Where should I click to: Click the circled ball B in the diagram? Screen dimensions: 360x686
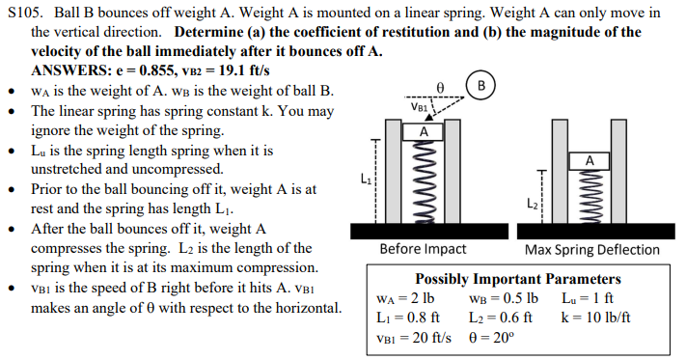[481, 84]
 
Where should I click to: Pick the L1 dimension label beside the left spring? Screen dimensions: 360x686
[364, 179]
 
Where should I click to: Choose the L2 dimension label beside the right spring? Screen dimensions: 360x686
[532, 203]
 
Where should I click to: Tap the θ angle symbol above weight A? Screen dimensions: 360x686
[439, 86]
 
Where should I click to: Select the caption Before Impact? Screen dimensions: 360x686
[424, 249]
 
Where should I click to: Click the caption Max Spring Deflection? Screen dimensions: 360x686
[592, 249]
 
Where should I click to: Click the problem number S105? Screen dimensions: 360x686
[22, 13]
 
